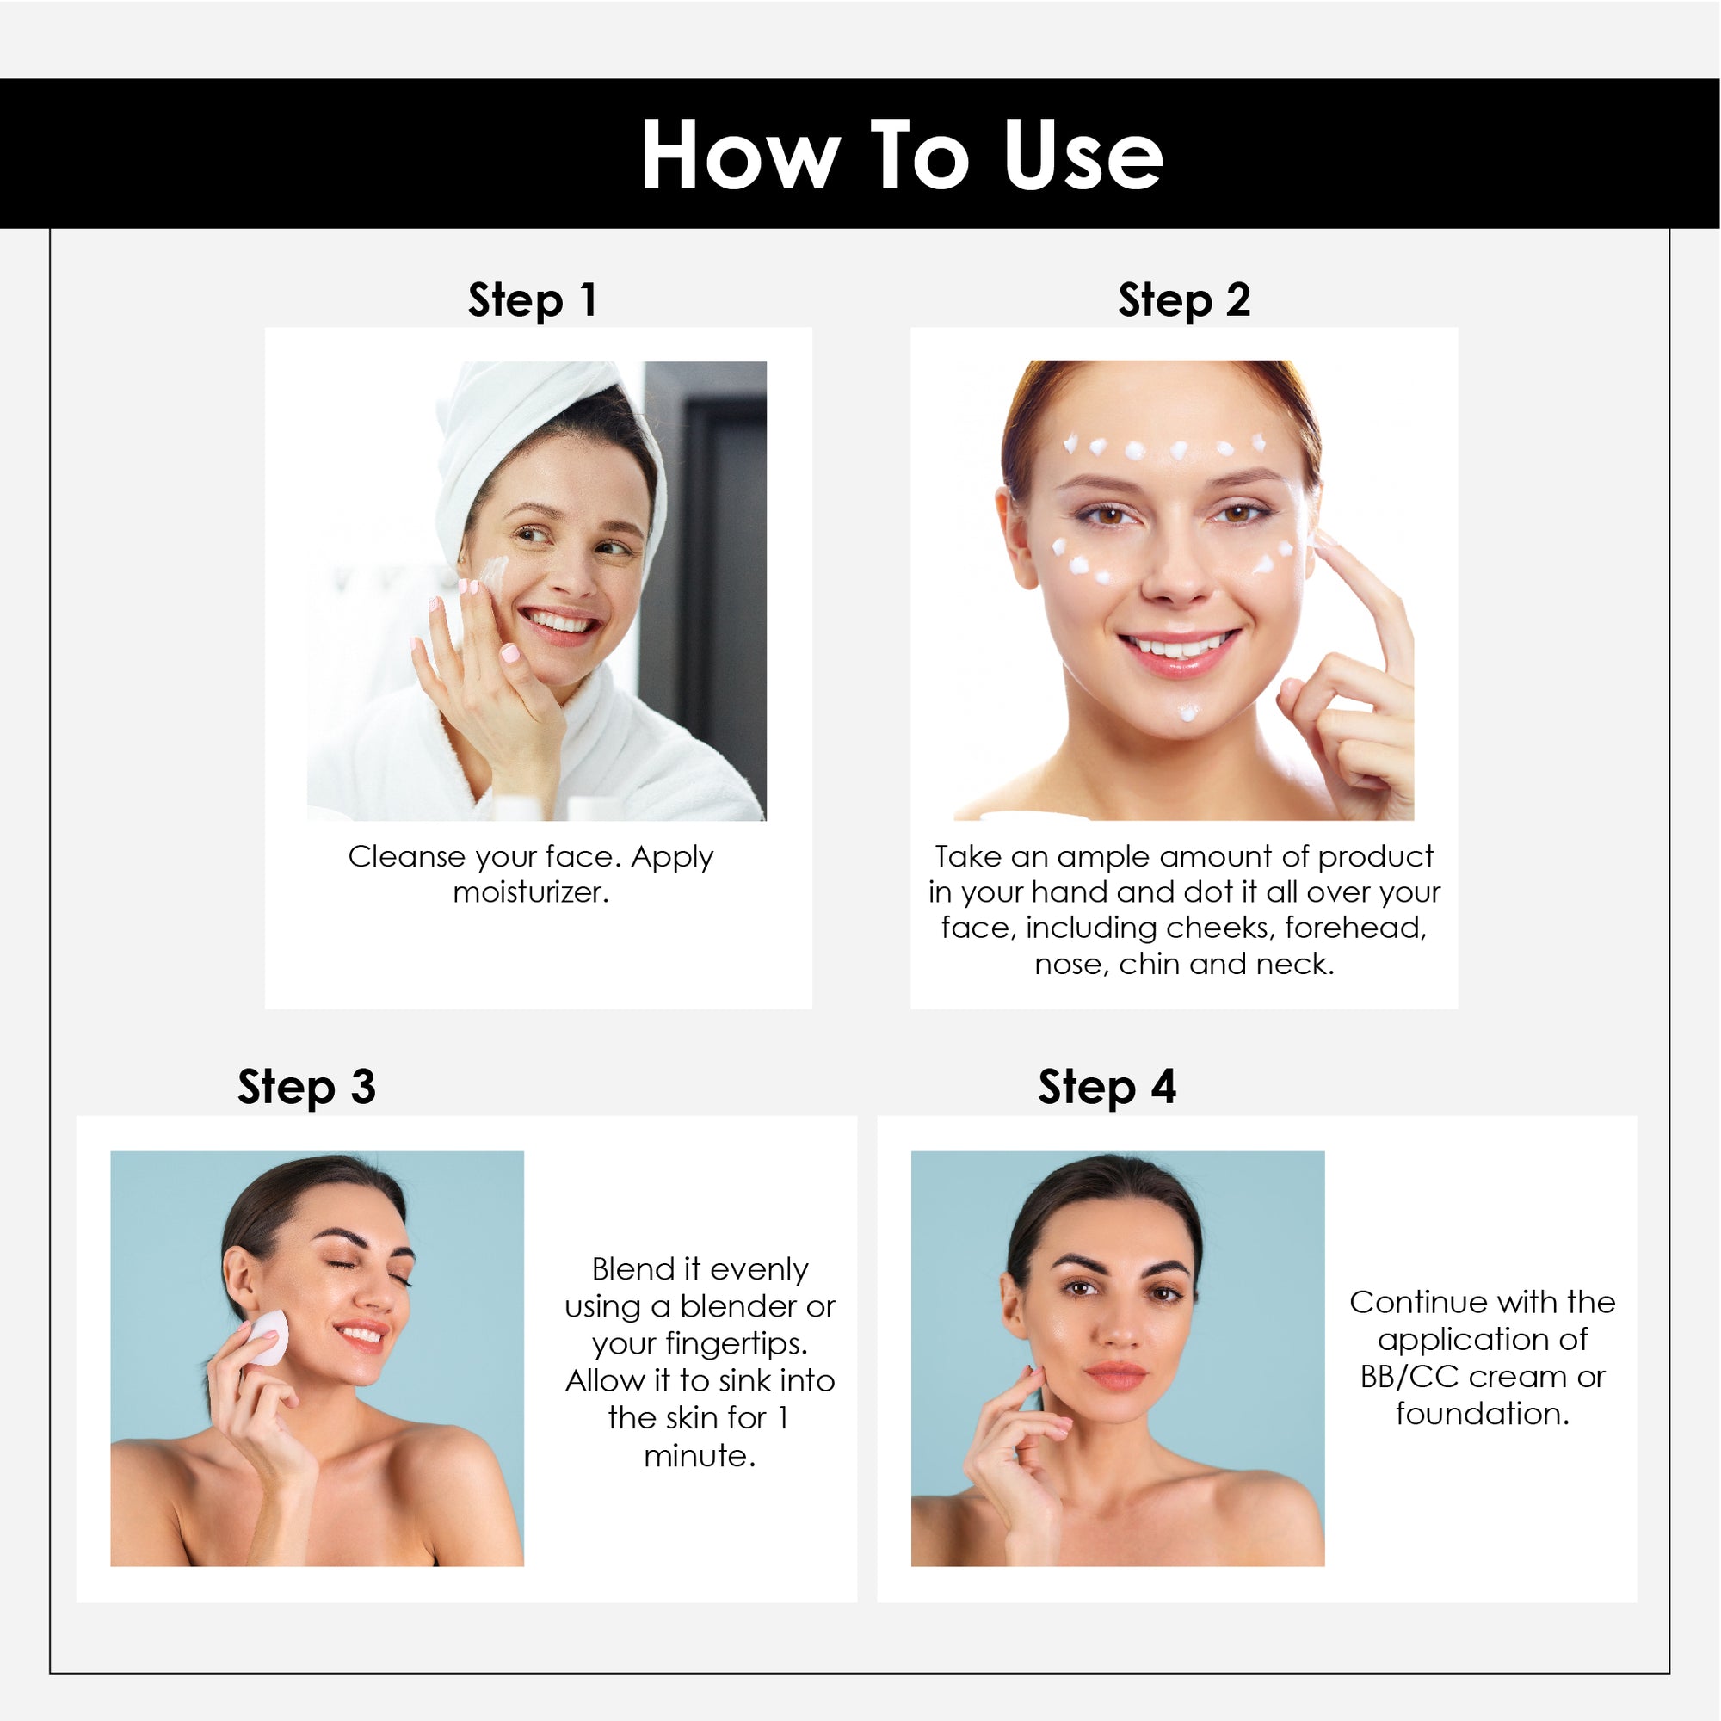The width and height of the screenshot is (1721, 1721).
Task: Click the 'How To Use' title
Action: [902, 155]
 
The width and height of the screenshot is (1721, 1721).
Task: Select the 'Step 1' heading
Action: [532, 300]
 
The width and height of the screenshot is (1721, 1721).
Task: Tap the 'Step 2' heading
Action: [1184, 300]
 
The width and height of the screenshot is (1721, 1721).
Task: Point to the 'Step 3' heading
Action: [306, 1088]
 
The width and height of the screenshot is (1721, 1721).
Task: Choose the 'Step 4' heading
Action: [1107, 1088]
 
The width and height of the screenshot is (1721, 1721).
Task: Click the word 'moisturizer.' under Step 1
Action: [531, 891]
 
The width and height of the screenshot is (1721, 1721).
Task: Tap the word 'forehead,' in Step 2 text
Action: [1356, 928]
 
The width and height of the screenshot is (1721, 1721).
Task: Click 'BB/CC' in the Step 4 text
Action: [1409, 1376]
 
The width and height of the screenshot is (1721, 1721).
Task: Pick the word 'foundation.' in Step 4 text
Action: [1483, 1414]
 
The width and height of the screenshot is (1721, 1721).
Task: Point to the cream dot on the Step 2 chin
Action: [1188, 711]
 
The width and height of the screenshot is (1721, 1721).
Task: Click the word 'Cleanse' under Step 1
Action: [407, 856]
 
